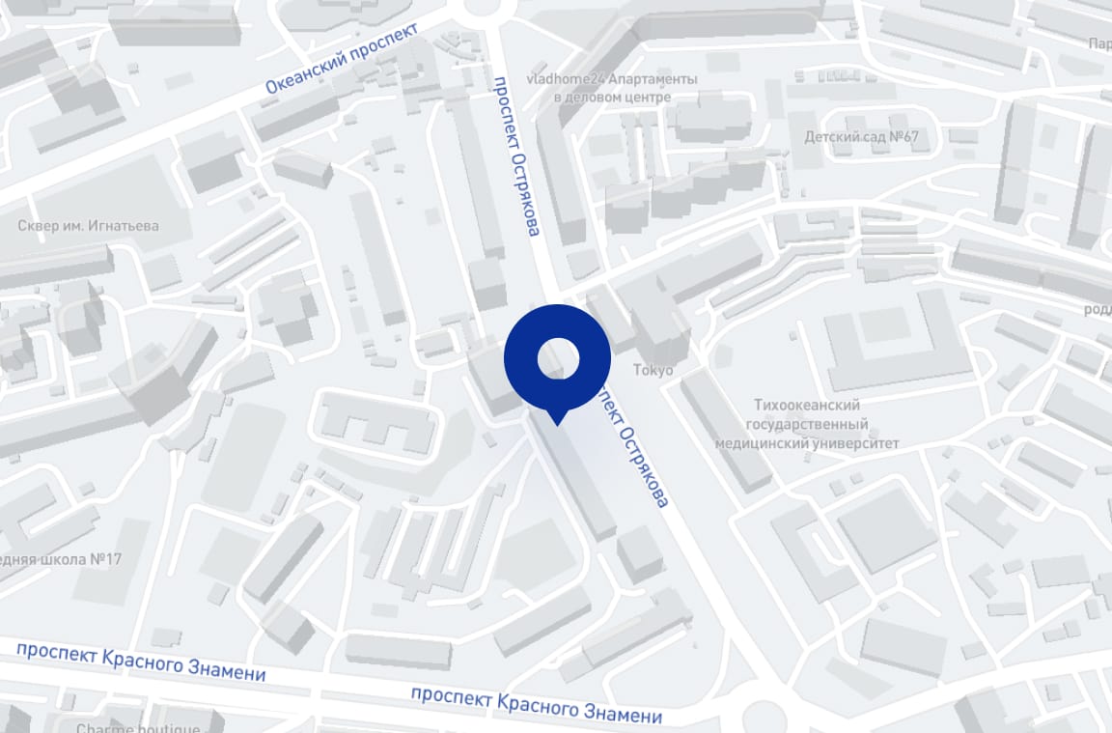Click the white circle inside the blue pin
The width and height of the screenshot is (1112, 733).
[x=557, y=358]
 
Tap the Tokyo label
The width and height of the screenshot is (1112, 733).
[x=653, y=370]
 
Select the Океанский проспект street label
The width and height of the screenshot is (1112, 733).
[x=343, y=59]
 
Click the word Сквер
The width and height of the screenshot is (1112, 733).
[x=38, y=226]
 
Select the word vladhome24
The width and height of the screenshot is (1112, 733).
[x=562, y=79]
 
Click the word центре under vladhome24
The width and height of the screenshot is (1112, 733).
[x=647, y=98]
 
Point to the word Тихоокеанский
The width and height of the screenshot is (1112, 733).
[x=806, y=406]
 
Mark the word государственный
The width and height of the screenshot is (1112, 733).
[x=807, y=425]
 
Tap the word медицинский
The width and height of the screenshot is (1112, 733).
[x=758, y=443]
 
